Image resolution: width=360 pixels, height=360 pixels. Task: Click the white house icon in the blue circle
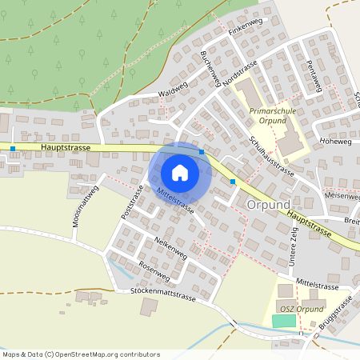click(x=180, y=173)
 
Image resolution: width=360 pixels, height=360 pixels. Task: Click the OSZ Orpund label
click(x=301, y=309)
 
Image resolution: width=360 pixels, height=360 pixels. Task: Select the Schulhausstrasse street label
click(x=272, y=155)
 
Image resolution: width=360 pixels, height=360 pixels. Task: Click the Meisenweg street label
click(x=342, y=195)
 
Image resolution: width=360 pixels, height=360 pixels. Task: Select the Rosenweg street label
click(x=154, y=270)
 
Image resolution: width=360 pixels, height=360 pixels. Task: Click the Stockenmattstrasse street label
click(x=162, y=296)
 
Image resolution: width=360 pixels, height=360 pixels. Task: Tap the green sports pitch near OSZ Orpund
click(x=283, y=321)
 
